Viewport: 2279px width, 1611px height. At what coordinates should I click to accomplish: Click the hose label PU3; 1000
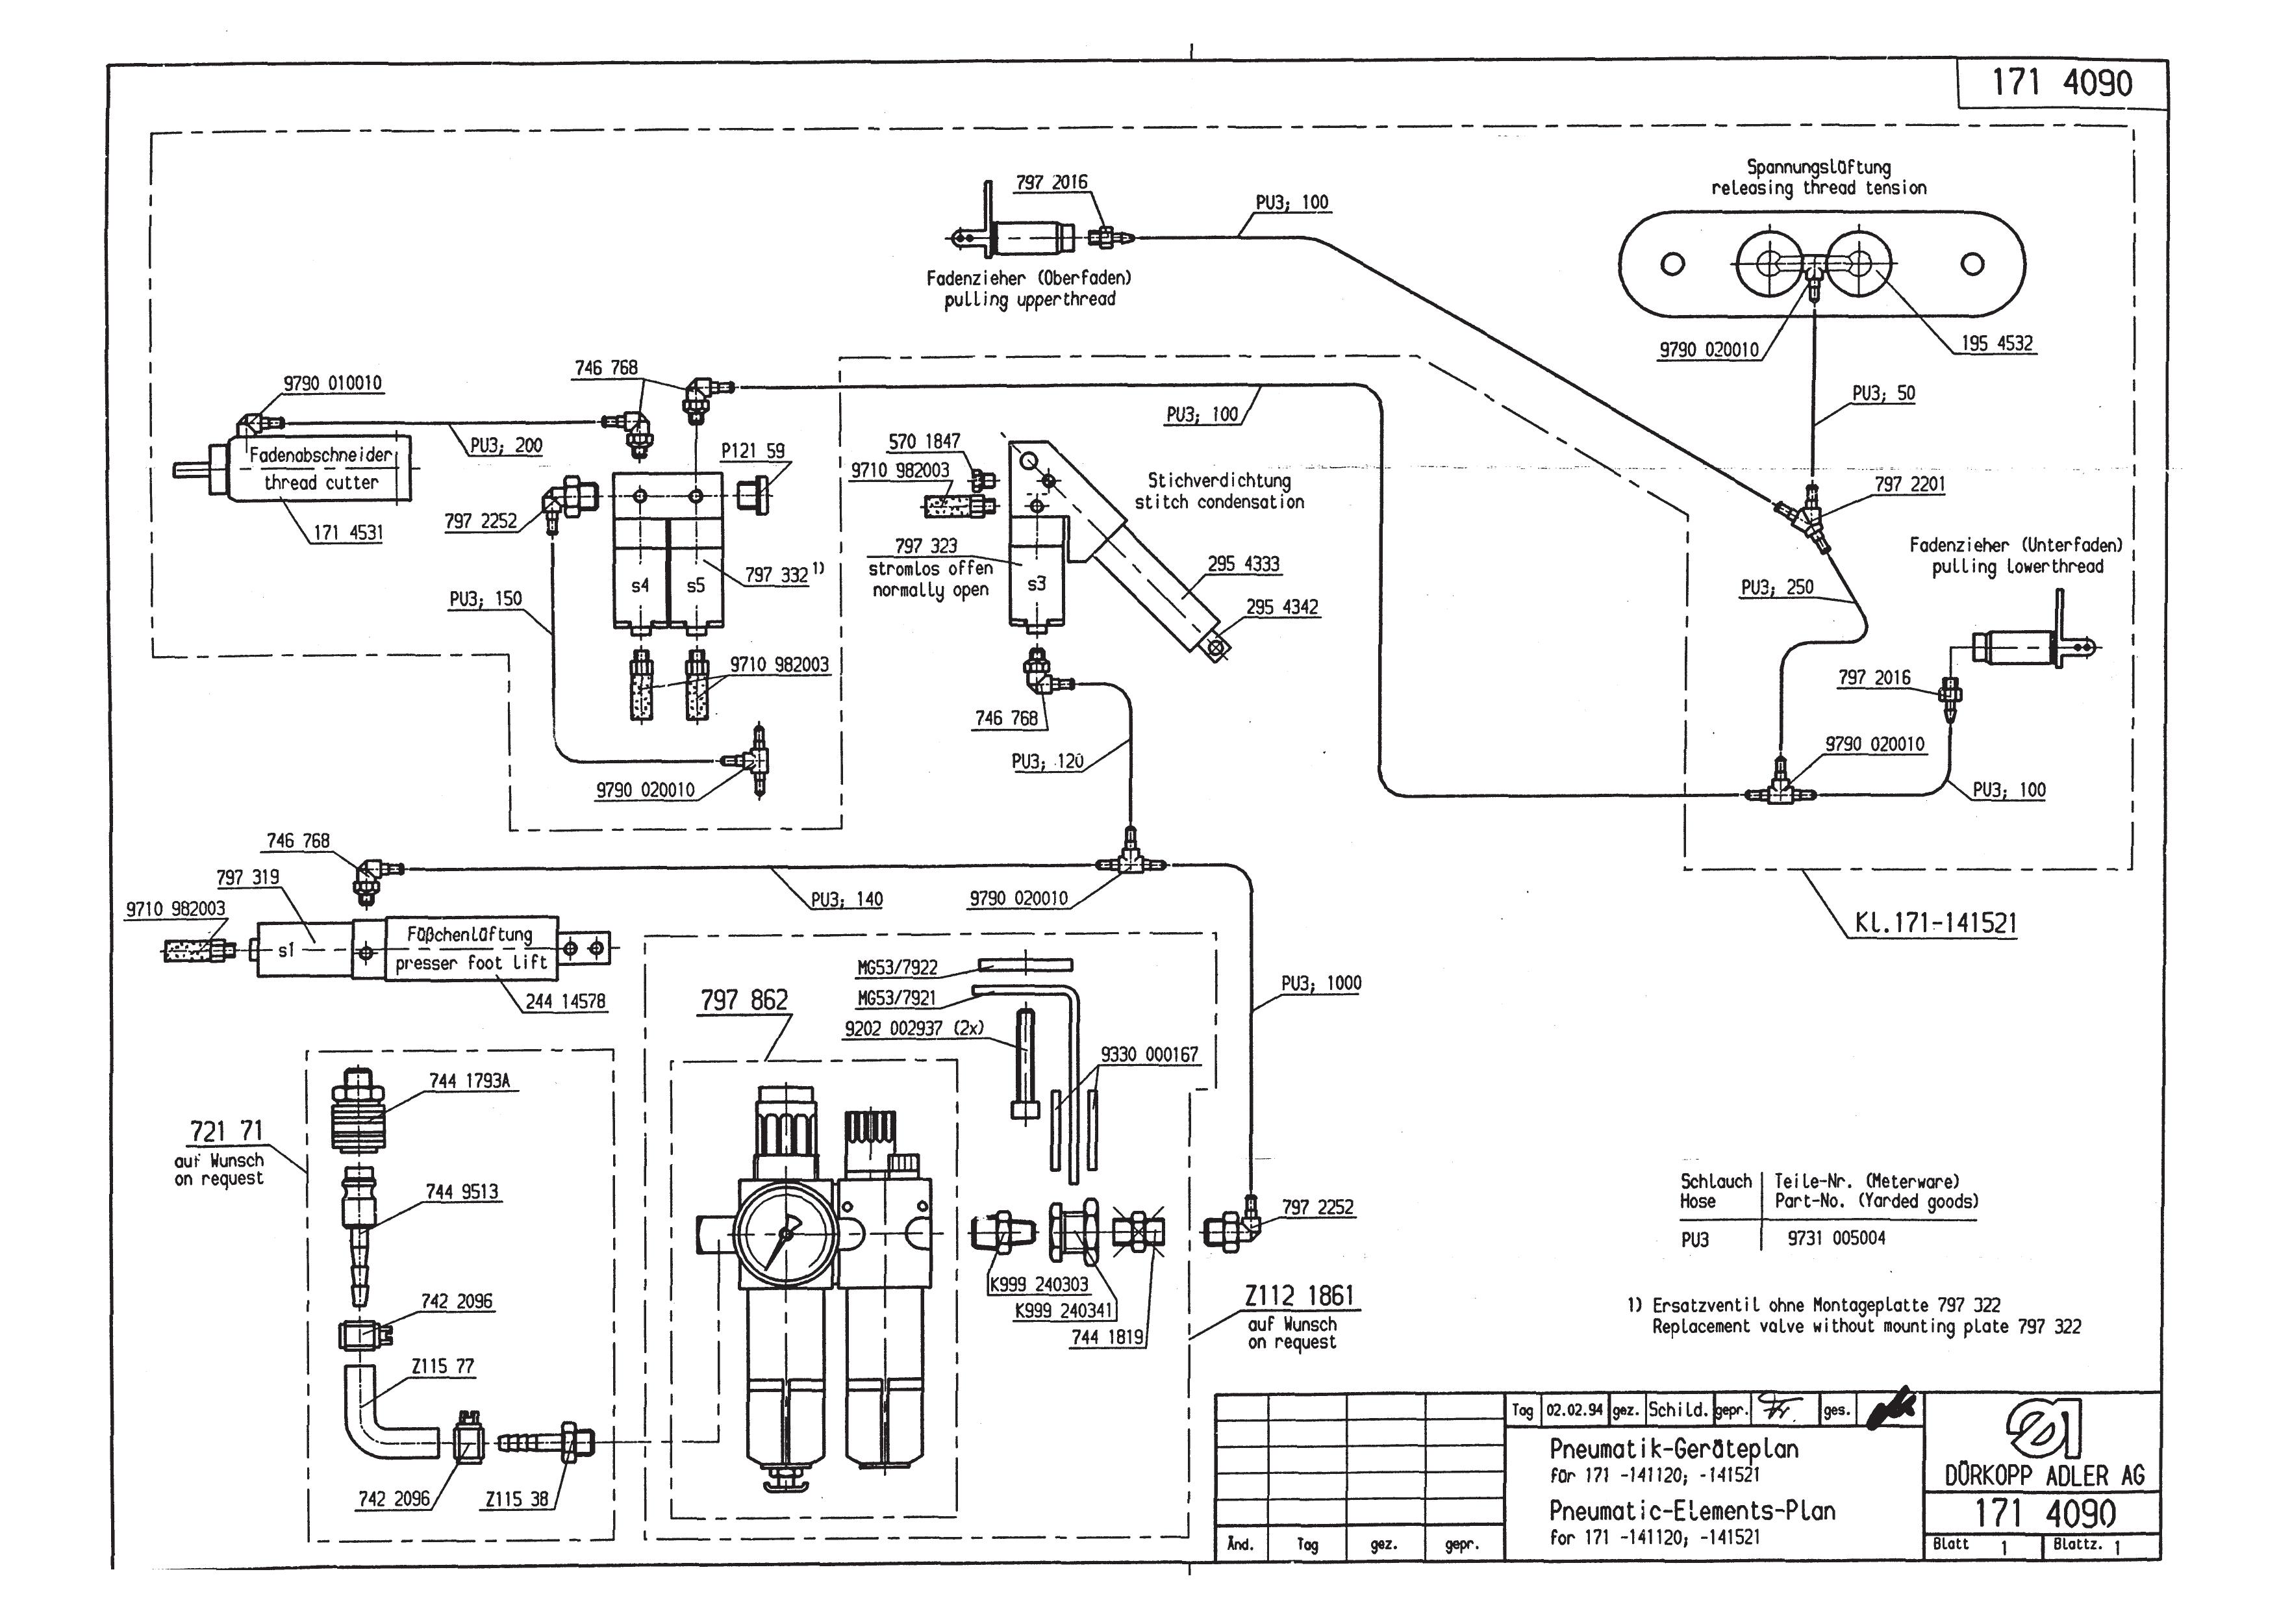(x=1321, y=983)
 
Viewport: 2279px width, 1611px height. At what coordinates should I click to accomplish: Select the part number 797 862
(x=744, y=1000)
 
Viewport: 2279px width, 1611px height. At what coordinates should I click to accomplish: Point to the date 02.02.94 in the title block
(x=1574, y=1410)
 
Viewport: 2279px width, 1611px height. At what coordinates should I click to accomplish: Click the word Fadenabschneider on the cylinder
(x=321, y=455)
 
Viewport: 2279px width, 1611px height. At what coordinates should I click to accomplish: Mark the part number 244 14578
(x=565, y=1002)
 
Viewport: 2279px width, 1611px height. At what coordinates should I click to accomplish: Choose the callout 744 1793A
(x=470, y=1081)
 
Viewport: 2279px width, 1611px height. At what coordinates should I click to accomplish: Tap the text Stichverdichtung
(x=1220, y=481)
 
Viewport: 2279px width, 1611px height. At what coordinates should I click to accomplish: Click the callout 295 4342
(x=1283, y=607)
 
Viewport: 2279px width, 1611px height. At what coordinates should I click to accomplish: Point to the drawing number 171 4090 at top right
(x=2061, y=82)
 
